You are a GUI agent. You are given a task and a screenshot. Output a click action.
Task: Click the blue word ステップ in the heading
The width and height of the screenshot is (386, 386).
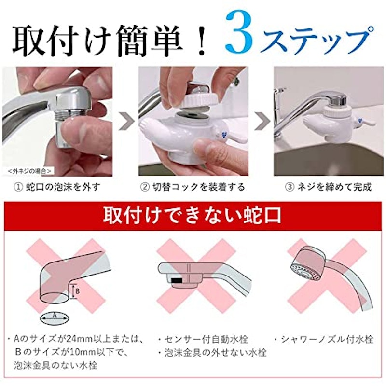pos(318,39)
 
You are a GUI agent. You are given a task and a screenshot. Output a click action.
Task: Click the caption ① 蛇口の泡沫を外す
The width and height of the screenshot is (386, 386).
pos(57,187)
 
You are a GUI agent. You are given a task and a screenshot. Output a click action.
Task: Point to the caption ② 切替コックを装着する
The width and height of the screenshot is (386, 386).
pos(193,187)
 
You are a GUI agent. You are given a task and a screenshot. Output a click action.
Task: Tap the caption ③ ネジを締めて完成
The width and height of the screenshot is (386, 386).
pos(328,187)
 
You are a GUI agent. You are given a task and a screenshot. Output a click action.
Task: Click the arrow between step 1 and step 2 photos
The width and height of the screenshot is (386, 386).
pos(126,121)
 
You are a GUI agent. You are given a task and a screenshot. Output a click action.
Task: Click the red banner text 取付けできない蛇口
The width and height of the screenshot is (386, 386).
pos(193,215)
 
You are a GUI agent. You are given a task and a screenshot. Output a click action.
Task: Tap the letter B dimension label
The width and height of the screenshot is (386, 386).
pos(77,291)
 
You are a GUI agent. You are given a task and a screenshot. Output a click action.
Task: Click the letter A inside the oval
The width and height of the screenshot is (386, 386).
pos(55,316)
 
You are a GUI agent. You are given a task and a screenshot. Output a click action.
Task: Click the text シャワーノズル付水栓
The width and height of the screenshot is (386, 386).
pos(324,340)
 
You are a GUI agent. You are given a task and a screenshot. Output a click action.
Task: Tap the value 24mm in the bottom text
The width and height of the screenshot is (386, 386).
pos(81,340)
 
